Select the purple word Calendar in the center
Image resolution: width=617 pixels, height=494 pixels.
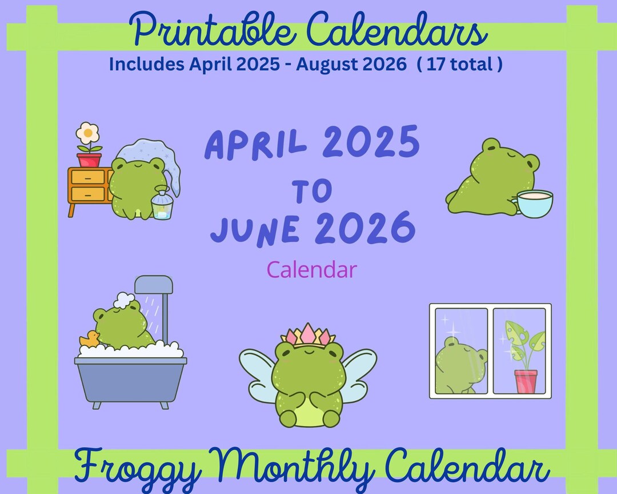[x=311, y=269]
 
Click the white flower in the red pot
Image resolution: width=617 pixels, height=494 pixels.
[x=88, y=134]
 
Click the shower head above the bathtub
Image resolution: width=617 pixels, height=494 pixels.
[x=153, y=284]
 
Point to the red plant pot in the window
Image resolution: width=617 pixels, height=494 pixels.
[x=526, y=381]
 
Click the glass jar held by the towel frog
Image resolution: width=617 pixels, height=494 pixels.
[x=162, y=205]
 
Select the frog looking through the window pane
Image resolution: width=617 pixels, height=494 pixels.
[x=458, y=366]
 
